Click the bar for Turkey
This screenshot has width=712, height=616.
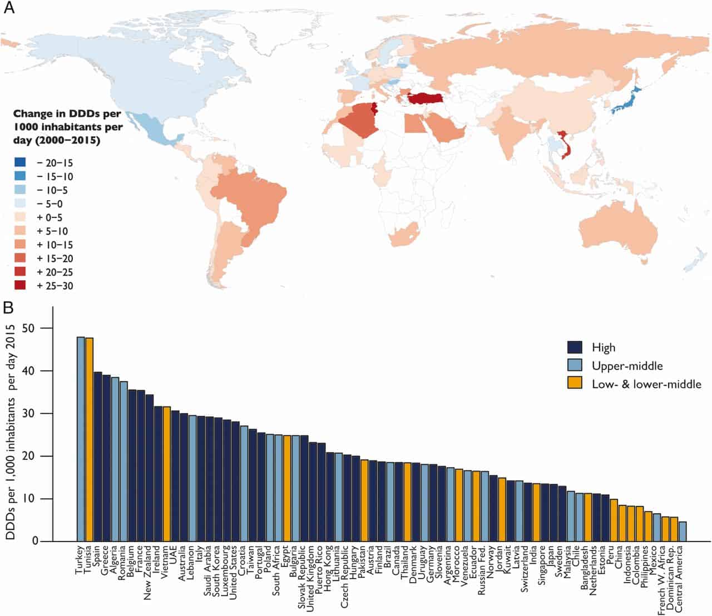tap(81, 439)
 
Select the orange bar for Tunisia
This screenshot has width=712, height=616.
tap(89, 439)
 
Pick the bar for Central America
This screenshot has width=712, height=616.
tap(683, 531)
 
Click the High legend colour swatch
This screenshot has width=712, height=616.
tap(575, 347)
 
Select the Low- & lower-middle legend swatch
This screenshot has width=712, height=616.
tap(575, 384)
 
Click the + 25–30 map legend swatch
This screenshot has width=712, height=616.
tap(21, 286)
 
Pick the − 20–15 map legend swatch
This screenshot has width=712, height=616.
tap(21, 163)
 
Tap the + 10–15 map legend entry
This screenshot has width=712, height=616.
tap(52, 245)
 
